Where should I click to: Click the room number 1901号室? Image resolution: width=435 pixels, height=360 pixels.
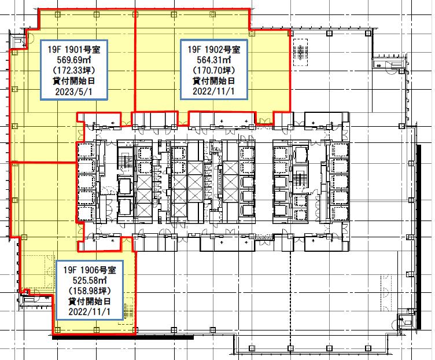click(x=82, y=49)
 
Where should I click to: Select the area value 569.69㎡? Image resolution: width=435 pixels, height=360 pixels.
click(x=74, y=60)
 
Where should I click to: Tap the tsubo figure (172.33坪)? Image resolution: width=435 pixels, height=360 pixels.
click(x=74, y=70)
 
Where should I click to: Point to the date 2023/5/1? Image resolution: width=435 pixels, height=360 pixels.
click(x=73, y=91)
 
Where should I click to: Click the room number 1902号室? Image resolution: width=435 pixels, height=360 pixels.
click(x=223, y=49)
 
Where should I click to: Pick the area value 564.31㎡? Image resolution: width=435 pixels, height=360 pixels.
click(x=214, y=60)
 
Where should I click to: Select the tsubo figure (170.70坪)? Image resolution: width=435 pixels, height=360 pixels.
click(x=214, y=70)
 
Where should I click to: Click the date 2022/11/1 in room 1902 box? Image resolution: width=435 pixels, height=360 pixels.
click(x=213, y=91)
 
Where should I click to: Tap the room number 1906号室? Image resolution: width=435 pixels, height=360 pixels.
click(x=98, y=270)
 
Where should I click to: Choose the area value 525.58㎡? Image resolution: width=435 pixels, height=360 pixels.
click(x=90, y=280)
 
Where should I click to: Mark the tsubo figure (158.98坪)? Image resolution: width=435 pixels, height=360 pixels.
click(x=89, y=291)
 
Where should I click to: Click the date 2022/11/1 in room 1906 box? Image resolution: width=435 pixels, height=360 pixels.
click(x=89, y=311)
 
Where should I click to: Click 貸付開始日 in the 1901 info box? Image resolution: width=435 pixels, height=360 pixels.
click(x=73, y=81)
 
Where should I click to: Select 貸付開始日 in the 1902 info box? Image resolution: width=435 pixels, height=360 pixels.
click(x=213, y=81)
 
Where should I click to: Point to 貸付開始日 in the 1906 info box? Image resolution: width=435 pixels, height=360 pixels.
click(x=89, y=301)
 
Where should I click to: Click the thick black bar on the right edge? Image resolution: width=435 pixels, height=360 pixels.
click(x=419, y=237)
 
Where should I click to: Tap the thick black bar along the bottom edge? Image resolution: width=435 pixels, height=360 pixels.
click(x=123, y=337)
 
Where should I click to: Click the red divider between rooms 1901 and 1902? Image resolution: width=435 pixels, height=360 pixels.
click(x=135, y=61)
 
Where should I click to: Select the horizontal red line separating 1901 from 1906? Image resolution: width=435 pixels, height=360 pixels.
click(x=43, y=162)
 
